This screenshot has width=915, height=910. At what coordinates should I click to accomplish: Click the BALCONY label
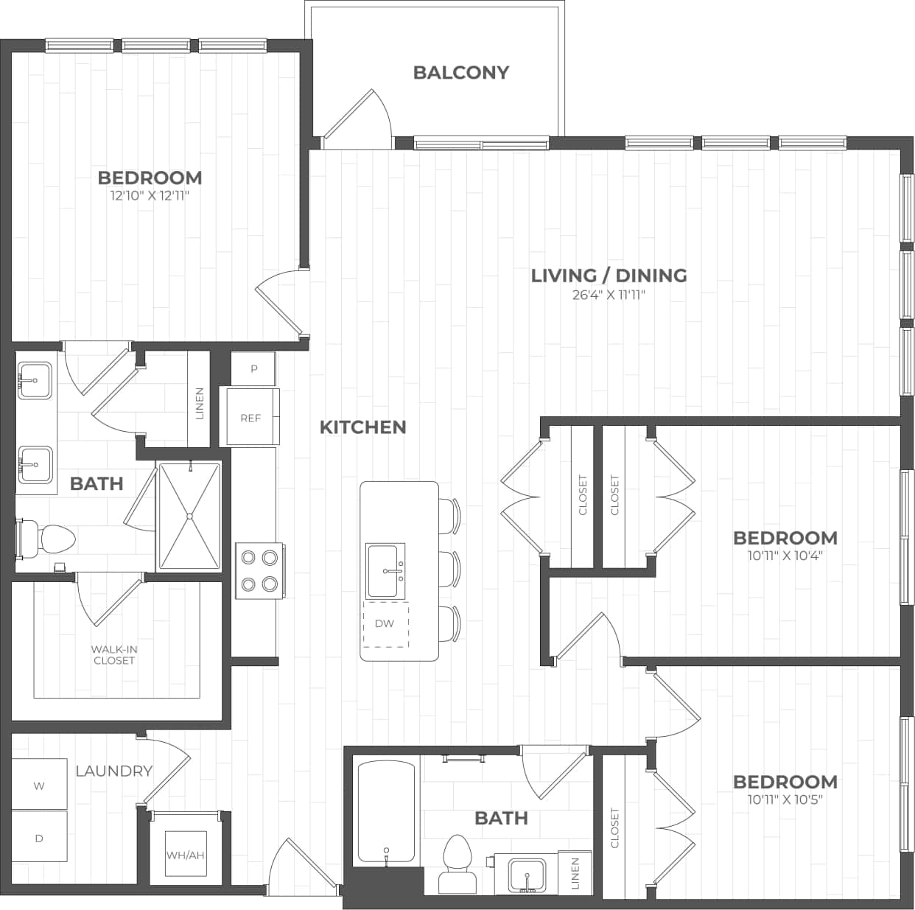pyautogui.click(x=460, y=72)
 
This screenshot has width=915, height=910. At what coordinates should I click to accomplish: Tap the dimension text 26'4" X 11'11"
pyautogui.click(x=609, y=295)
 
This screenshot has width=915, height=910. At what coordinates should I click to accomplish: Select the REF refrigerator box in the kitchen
pyautogui.click(x=251, y=418)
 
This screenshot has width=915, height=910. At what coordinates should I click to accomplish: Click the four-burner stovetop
pyautogui.click(x=260, y=571)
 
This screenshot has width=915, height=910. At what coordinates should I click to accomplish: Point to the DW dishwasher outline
pyautogui.click(x=385, y=623)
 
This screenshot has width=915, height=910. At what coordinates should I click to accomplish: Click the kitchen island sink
pyautogui.click(x=385, y=570)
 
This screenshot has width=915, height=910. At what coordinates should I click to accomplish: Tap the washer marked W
pyautogui.click(x=39, y=785)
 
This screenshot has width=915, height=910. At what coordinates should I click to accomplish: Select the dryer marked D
pyautogui.click(x=39, y=838)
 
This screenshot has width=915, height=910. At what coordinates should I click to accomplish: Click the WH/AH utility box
pyautogui.click(x=185, y=855)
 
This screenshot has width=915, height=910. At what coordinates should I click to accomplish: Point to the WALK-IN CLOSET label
pyautogui.click(x=114, y=655)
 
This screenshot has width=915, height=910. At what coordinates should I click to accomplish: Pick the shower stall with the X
pyautogui.click(x=189, y=515)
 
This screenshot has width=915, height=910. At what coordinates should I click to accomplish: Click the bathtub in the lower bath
pyautogui.click(x=385, y=813)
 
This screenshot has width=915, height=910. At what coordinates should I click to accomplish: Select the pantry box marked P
pyautogui.click(x=253, y=368)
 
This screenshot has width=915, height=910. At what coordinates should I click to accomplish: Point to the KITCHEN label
pyautogui.click(x=362, y=427)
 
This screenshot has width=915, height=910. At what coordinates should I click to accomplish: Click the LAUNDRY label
pyautogui.click(x=114, y=771)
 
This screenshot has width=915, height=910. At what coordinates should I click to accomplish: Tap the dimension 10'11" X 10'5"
pyautogui.click(x=785, y=799)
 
